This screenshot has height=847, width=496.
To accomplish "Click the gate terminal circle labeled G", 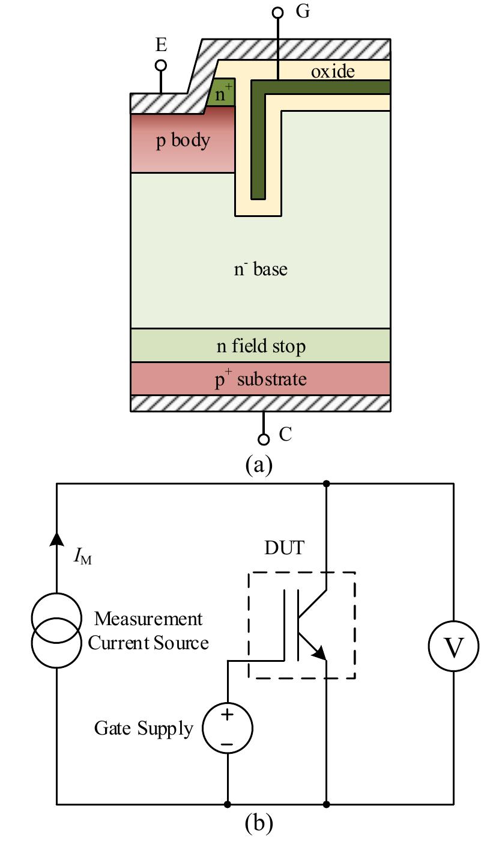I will tap(277, 12).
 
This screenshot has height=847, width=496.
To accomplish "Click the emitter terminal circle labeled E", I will tap(161, 65).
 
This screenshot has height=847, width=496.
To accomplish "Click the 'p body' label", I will tap(183, 141).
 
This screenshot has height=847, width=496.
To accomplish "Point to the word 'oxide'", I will tap(333, 72).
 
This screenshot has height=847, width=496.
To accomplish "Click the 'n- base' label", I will tap(261, 269).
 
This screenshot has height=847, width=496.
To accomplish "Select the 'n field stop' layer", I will tap(261, 346).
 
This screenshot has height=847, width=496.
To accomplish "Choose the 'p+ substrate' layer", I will tap(261, 379).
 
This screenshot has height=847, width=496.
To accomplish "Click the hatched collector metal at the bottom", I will tap(261, 403).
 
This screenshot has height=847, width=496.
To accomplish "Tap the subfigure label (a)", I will tap(259, 465).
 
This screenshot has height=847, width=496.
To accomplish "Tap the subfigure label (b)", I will tap(259, 822).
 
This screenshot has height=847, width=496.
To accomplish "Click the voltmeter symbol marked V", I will tap(453, 647).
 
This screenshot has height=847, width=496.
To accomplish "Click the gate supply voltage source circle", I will tap(228, 729).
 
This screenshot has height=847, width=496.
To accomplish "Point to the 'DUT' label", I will tap(285, 548).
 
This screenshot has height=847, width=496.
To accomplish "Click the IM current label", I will tap(82, 558).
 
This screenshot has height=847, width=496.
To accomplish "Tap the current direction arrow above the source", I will tap(56, 539).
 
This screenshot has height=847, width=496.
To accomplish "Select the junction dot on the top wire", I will tap(327, 483).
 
